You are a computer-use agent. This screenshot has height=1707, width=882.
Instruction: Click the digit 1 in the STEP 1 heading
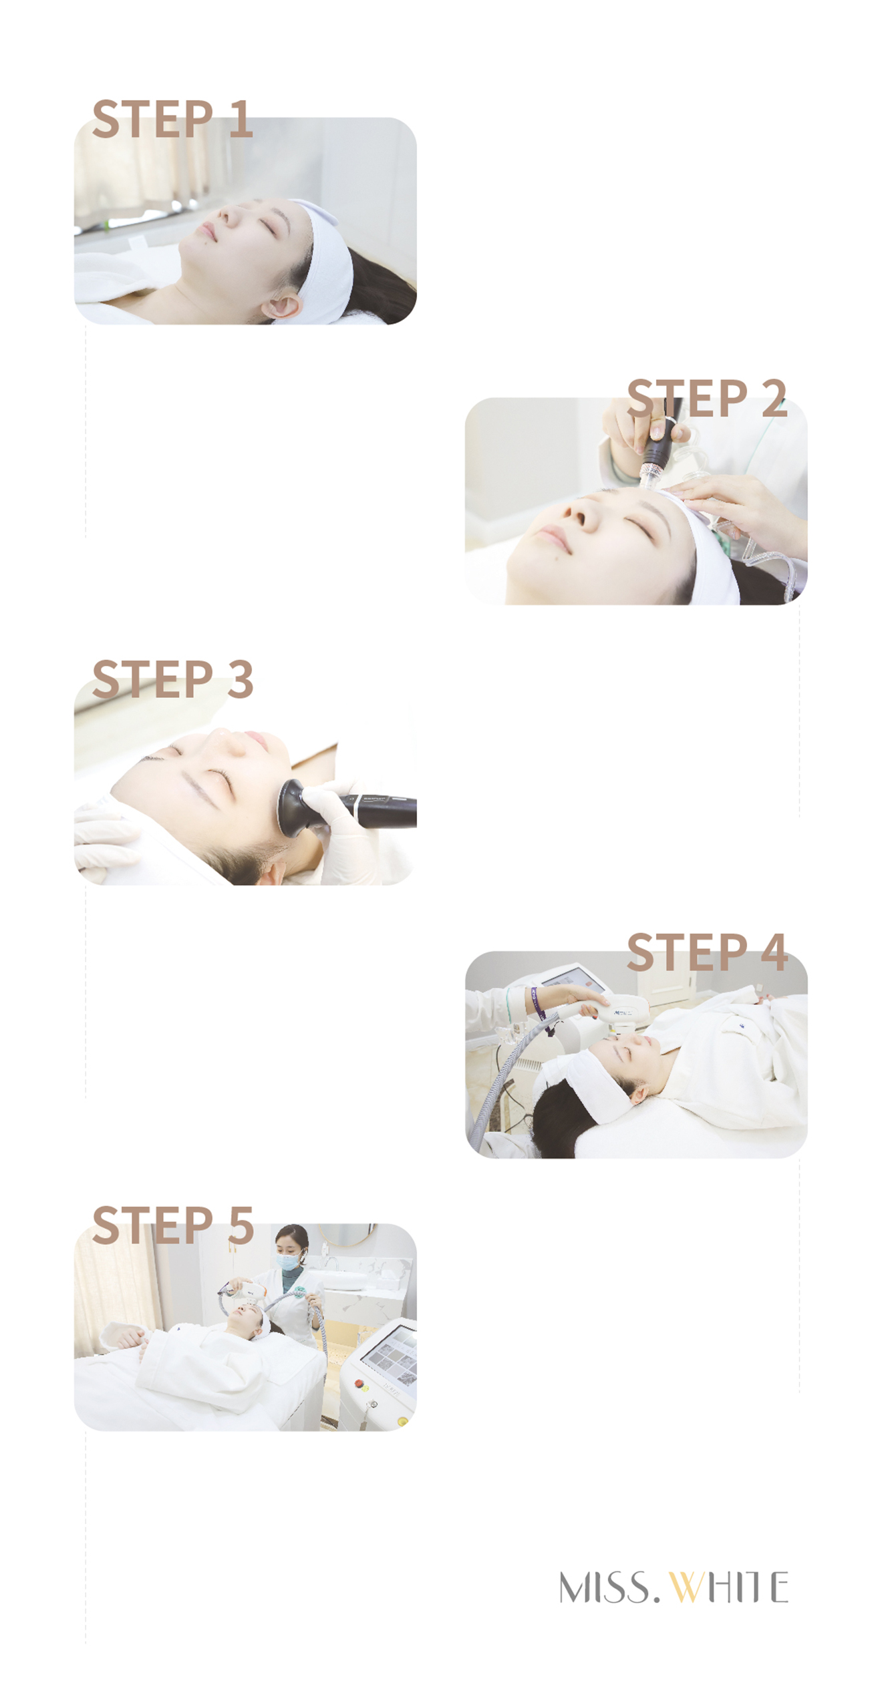click(x=241, y=118)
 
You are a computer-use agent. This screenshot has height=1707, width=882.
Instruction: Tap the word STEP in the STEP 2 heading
click(x=686, y=398)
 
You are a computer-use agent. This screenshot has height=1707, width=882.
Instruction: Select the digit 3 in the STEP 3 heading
click(x=240, y=679)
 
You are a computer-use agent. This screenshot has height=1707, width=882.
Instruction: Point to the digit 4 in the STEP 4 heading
click(x=774, y=952)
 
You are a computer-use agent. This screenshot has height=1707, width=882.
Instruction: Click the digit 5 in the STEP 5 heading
click(x=241, y=1225)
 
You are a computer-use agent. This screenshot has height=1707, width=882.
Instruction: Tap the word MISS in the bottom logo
click(x=604, y=1586)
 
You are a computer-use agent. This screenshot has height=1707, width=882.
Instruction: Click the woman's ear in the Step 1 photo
click(x=281, y=307)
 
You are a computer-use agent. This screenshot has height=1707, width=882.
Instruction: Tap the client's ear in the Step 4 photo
click(x=637, y=1094)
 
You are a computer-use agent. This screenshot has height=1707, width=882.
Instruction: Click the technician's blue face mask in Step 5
click(x=289, y=1262)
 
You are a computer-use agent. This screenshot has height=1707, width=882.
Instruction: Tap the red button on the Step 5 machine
click(x=359, y=1383)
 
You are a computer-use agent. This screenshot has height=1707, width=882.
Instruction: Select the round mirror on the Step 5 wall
click(x=340, y=1235)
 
